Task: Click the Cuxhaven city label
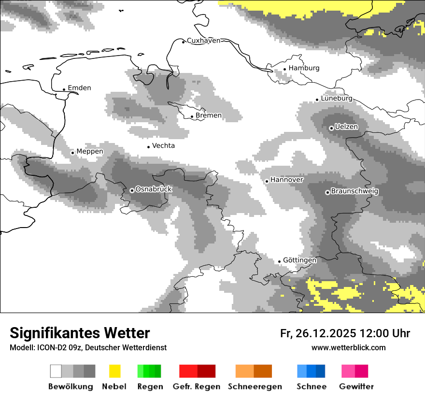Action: pyautogui.click(x=203, y=41)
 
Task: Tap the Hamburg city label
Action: pyautogui.click(x=304, y=68)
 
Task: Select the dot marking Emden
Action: pyautogui.click(x=64, y=89)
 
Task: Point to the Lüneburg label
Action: pyautogui.click(x=337, y=98)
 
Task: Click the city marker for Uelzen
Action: pyautogui.click(x=331, y=128)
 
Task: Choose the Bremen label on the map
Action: pyautogui.click(x=209, y=115)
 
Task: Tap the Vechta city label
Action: pyautogui.click(x=163, y=145)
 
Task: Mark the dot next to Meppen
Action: pyautogui.click(x=72, y=153)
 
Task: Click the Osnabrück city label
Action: pyautogui.click(x=154, y=189)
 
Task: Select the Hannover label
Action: pyautogui.click(x=287, y=180)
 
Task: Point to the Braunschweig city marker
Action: pyautogui.click(x=327, y=192)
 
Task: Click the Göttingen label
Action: pyautogui.click(x=299, y=260)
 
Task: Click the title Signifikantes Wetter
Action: pyautogui.click(x=80, y=333)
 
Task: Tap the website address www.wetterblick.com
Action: pyautogui.click(x=349, y=347)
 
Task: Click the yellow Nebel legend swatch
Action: pyautogui.click(x=114, y=371)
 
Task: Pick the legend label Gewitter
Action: pyautogui.click(x=356, y=387)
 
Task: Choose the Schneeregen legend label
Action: pyautogui.click(x=255, y=387)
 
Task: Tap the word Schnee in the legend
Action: pyautogui.click(x=312, y=387)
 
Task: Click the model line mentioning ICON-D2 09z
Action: pyautogui.click(x=88, y=347)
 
